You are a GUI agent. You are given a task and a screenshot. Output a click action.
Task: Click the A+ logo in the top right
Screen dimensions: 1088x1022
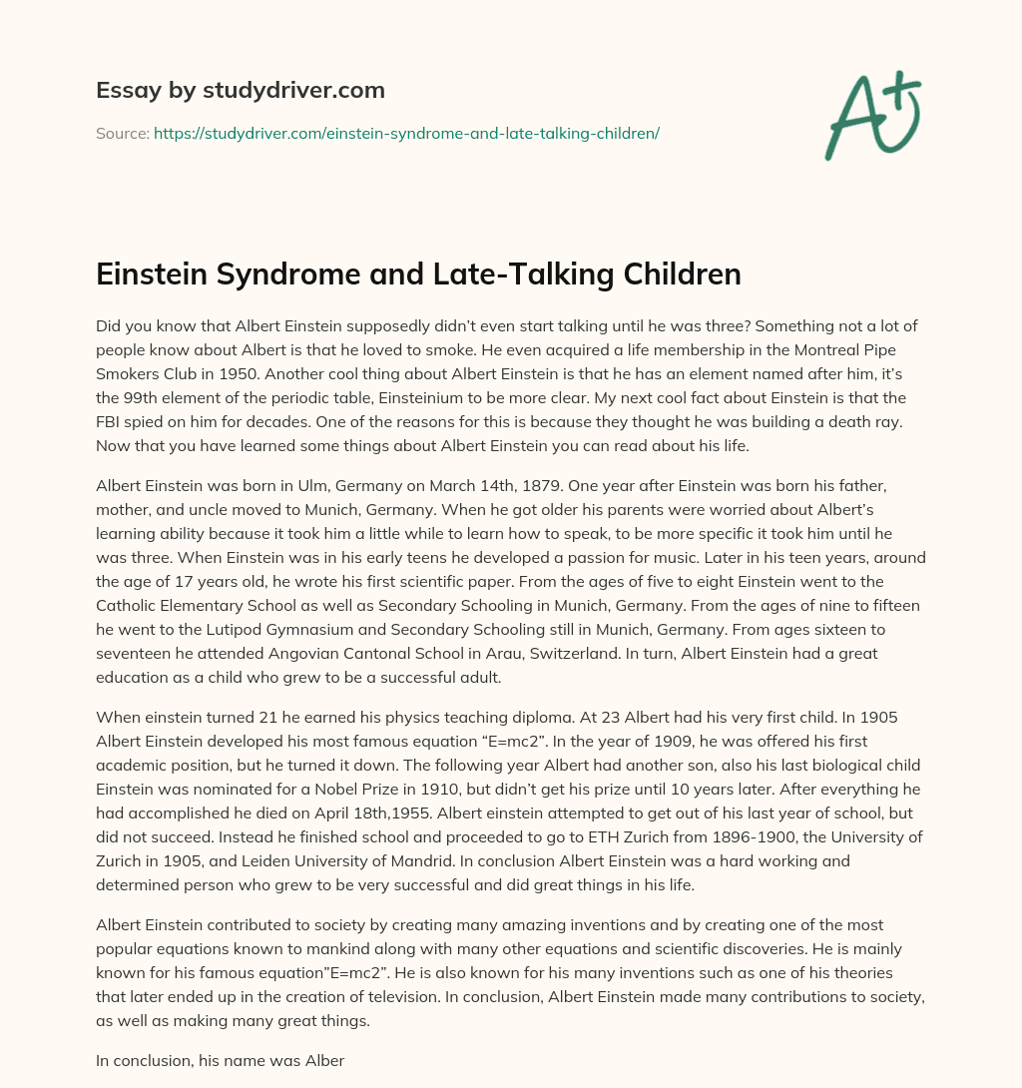click(x=872, y=114)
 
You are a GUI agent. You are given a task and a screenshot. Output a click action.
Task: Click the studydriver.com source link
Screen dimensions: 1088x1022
click(x=406, y=132)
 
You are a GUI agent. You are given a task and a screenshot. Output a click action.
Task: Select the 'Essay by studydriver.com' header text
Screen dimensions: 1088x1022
click(x=240, y=90)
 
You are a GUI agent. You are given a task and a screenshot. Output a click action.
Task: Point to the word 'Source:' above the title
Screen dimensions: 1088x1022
click(x=122, y=132)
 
